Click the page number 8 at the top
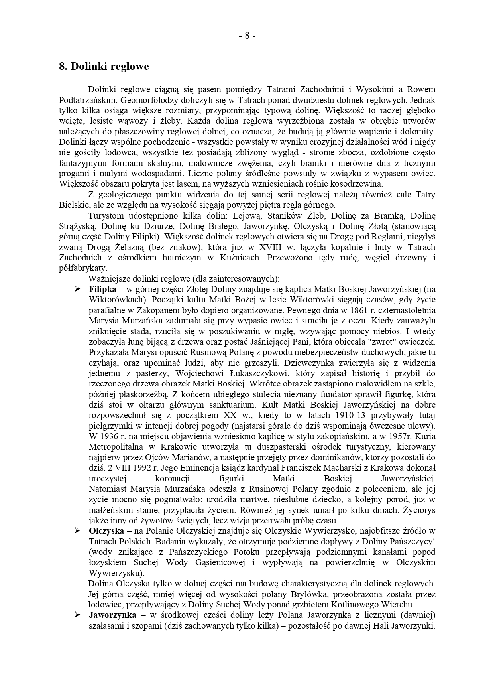247,35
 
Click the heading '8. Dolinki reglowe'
104,66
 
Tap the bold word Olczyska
106,531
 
